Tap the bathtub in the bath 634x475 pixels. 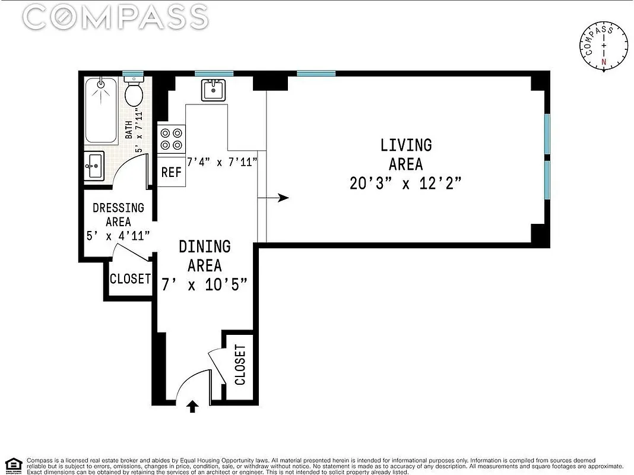[x=101, y=111]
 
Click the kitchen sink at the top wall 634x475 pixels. [x=213, y=90]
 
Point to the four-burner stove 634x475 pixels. [x=172, y=140]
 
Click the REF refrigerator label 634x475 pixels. [x=172, y=172]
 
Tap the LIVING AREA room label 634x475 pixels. [x=406, y=154]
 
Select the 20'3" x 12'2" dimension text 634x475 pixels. [x=406, y=183]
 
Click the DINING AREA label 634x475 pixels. [x=205, y=255]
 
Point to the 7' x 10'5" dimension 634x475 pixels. [x=205, y=285]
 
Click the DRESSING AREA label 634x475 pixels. [x=118, y=214]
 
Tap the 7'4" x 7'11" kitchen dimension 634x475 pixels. [x=222, y=161]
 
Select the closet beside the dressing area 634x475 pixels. [x=130, y=278]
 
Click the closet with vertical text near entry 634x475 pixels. [x=240, y=365]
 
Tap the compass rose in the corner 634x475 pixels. [x=604, y=47]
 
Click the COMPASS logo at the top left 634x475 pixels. [x=116, y=18]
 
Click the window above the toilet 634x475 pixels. [x=134, y=74]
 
